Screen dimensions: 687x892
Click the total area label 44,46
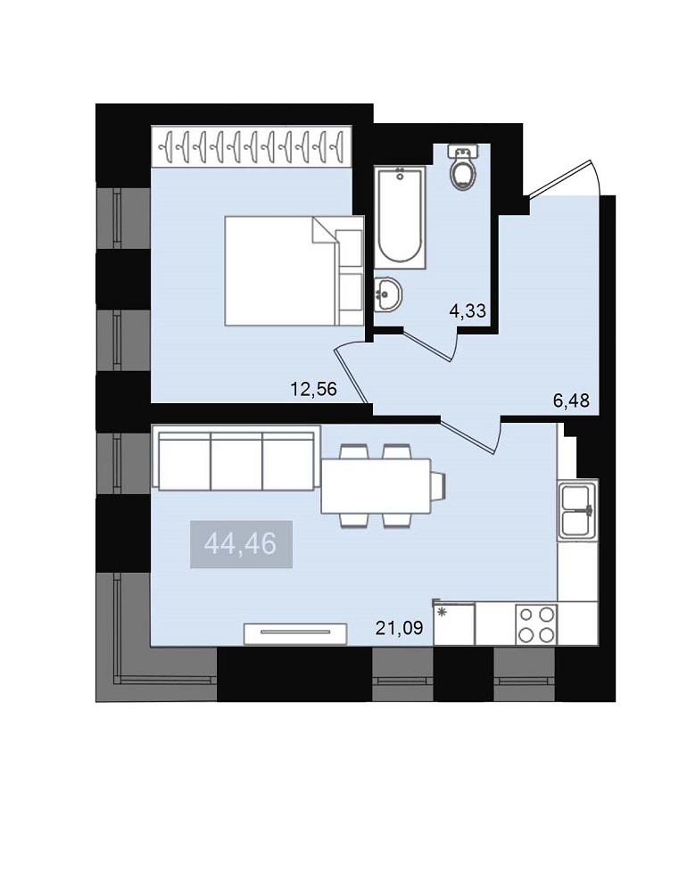241,544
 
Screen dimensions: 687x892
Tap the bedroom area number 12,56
314,389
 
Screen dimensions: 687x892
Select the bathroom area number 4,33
468,310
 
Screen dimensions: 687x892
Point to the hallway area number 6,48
571,401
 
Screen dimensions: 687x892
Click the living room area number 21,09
399,628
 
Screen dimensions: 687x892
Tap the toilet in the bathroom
463,169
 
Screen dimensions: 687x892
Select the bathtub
400,217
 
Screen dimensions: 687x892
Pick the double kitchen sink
578,509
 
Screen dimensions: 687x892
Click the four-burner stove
537,624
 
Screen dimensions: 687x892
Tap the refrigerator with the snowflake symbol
453,624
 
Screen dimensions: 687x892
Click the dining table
376,486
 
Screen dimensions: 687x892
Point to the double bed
294,271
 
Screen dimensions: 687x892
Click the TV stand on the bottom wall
295,633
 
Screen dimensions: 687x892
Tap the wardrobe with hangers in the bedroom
252,147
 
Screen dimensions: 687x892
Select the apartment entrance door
565,178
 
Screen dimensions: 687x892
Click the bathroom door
431,343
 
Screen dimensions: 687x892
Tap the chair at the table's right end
438,485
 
